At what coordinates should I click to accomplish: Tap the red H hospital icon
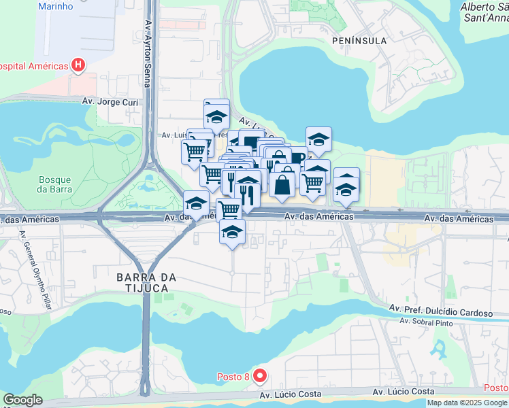[x=78, y=66]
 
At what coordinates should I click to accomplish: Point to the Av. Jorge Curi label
[x=110, y=102]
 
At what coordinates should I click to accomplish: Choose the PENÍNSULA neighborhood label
[x=359, y=41]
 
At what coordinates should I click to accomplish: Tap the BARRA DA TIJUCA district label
[x=147, y=283]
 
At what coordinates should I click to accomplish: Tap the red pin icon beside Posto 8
[x=259, y=375]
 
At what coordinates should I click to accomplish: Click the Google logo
[x=22, y=400]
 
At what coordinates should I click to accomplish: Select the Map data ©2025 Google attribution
[x=467, y=403]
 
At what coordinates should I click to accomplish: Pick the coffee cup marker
[x=298, y=157]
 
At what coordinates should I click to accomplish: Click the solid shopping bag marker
[x=282, y=184]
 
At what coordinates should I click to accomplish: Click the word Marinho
[x=56, y=7]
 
